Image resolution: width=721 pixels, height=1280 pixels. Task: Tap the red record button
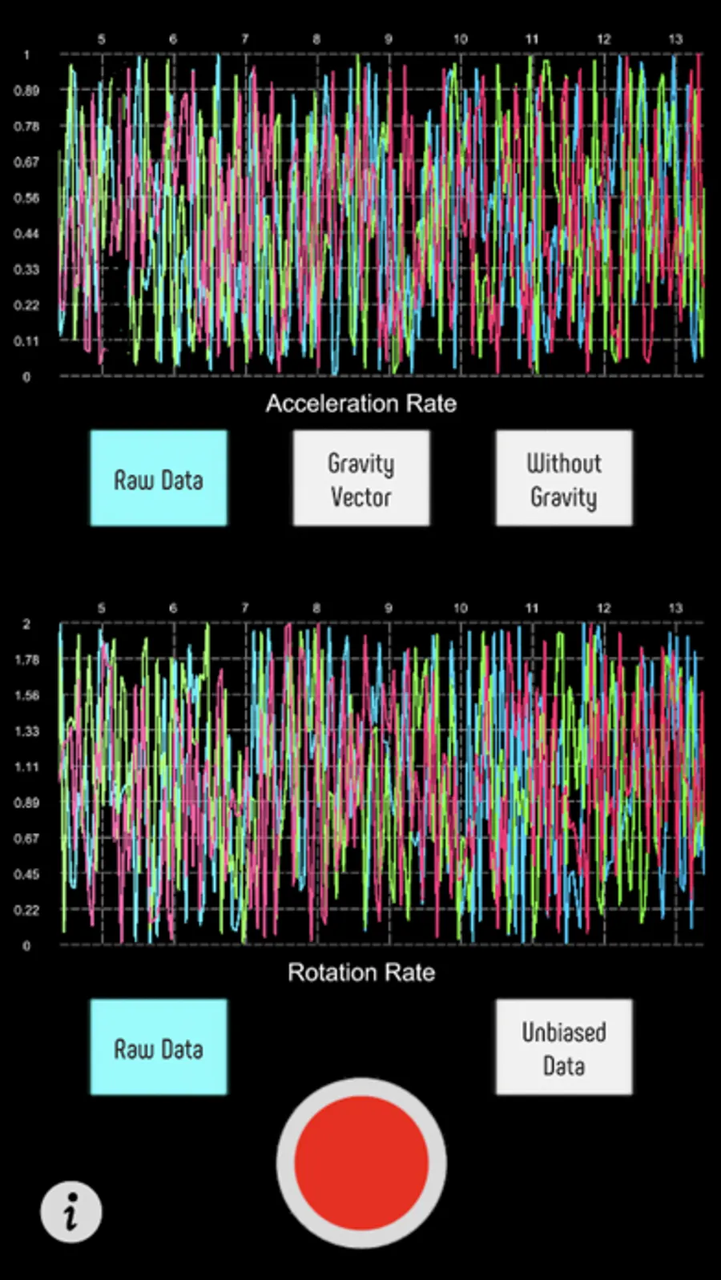(x=361, y=1162)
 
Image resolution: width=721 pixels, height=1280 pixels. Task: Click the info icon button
(x=71, y=1212)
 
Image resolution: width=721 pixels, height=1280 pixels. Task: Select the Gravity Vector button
(x=361, y=479)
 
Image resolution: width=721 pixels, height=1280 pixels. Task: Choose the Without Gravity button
(x=564, y=479)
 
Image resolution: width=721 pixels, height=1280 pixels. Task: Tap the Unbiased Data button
(x=564, y=1048)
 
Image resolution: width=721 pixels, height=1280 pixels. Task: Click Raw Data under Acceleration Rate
(x=159, y=479)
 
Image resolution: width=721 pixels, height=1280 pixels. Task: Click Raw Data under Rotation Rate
(x=159, y=1048)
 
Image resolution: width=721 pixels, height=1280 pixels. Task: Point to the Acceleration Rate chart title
(x=361, y=403)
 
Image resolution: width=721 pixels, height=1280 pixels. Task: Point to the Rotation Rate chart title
(x=361, y=972)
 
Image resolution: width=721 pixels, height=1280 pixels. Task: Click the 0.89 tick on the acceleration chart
(x=26, y=91)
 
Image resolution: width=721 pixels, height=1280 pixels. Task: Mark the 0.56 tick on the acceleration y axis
(x=26, y=198)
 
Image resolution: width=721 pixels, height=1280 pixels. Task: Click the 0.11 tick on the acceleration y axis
(x=26, y=341)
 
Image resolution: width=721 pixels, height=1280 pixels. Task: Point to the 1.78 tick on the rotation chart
(x=26, y=660)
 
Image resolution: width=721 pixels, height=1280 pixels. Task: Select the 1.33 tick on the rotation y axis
(x=26, y=731)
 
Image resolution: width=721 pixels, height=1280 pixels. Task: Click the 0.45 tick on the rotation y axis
(x=26, y=875)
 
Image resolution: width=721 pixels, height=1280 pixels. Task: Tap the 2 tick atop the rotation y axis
(x=26, y=624)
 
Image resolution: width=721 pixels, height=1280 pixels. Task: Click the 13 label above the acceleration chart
(x=675, y=38)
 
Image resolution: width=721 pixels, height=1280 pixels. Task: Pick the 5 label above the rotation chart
(x=101, y=608)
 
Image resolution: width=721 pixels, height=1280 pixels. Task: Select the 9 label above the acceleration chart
(x=389, y=38)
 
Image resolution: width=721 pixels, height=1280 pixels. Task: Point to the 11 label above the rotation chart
(x=532, y=608)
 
